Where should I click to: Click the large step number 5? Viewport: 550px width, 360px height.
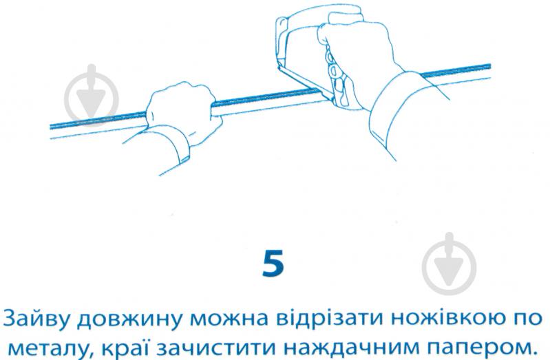pyautogui.click(x=273, y=262)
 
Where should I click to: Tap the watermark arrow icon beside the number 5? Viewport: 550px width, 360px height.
pyautogui.click(x=449, y=263)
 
